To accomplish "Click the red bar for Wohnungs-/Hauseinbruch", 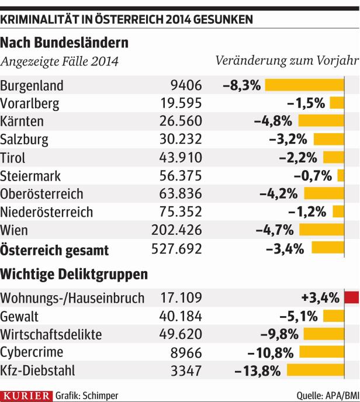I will pyautogui.click(x=351, y=298).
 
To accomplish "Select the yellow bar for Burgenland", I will pyautogui.click(x=304, y=85).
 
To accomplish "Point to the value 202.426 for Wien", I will pyautogui.click(x=180, y=230).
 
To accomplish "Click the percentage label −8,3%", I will pyautogui.click(x=241, y=85).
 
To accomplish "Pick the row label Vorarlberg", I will pyautogui.click(x=30, y=103).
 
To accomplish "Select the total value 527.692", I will pyautogui.click(x=180, y=249).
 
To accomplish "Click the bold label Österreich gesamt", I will pyautogui.click(x=55, y=249).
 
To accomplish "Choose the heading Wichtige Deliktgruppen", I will pyautogui.click(x=74, y=273).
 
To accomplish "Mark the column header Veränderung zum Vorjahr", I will pyautogui.click(x=286, y=61).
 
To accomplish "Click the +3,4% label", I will pyautogui.click(x=320, y=298).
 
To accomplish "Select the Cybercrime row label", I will pyautogui.click(x=32, y=352).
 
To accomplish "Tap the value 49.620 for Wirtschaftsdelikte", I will pyautogui.click(x=180, y=334).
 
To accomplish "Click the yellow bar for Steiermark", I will pyautogui.click(x=340, y=176).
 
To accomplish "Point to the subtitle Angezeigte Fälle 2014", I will pyautogui.click(x=60, y=61).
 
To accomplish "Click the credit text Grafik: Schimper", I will pyautogui.click(x=87, y=396).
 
